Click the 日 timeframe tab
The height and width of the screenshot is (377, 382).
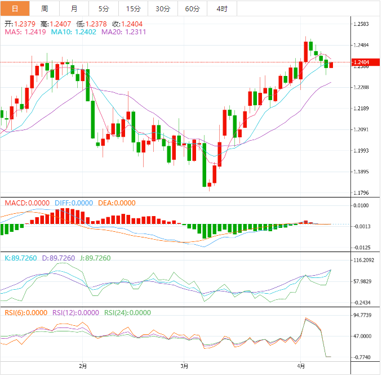[x=15, y=8]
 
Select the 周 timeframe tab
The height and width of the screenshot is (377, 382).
[x=45, y=8]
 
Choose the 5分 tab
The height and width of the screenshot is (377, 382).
[x=104, y=8]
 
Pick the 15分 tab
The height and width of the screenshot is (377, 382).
[x=133, y=8]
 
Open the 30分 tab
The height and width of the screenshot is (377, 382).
[x=162, y=8]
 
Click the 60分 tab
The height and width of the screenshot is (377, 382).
[x=192, y=8]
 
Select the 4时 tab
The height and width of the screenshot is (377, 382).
[x=222, y=8]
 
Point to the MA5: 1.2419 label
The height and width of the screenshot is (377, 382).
[x=25, y=33]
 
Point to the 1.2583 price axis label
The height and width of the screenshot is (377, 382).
[x=361, y=24]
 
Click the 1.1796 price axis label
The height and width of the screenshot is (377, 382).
[x=361, y=193]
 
